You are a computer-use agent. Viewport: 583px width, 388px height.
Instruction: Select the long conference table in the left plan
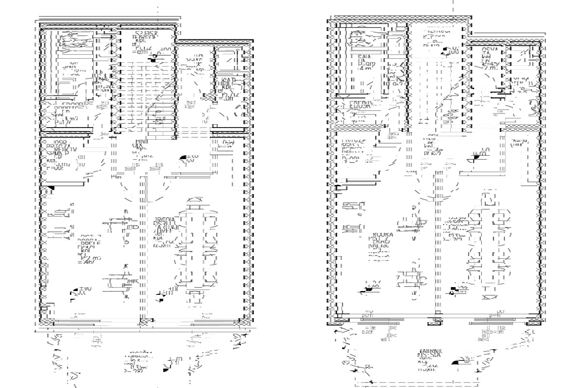coord(197,252)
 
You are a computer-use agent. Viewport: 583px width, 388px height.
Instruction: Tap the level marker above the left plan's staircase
coord(154,58)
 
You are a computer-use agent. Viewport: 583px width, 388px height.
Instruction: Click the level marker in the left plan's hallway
coord(184,158)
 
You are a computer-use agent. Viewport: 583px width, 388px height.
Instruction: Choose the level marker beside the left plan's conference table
coord(160,293)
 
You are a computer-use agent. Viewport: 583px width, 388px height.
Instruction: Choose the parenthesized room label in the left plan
coord(225,144)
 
